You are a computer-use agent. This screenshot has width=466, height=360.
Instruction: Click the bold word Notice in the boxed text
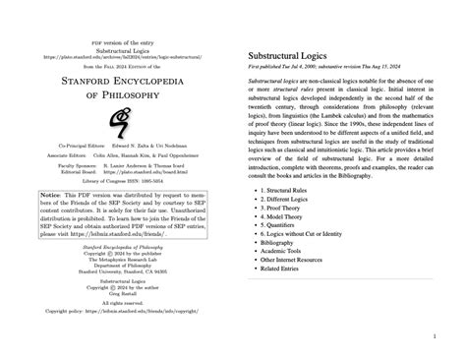[49, 223]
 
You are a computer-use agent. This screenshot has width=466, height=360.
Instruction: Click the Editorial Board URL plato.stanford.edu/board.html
[148, 201]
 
